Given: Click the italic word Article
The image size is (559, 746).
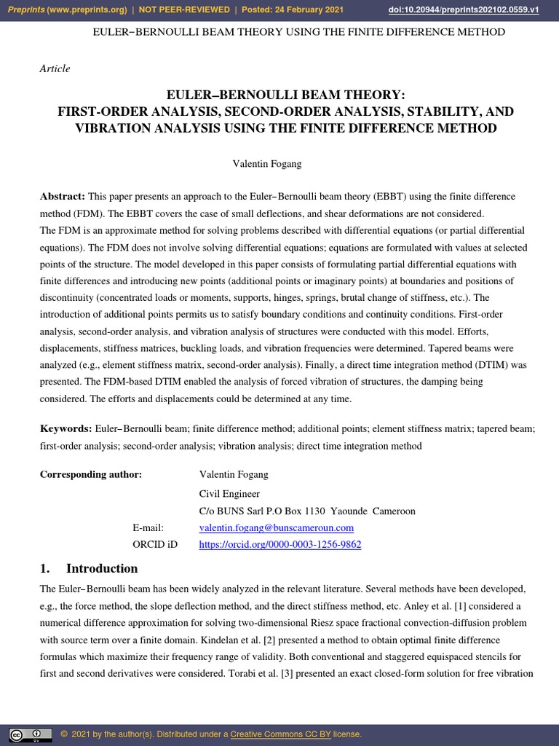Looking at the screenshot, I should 55,68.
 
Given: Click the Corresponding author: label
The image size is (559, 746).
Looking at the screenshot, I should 91,474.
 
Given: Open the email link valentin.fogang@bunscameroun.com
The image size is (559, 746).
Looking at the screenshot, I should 276,527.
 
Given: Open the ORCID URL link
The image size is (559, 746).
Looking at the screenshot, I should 279,544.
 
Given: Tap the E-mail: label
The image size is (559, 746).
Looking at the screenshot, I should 148,527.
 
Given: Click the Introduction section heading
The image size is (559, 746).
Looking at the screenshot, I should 101,568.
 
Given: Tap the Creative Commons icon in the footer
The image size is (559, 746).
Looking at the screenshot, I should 31,734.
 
